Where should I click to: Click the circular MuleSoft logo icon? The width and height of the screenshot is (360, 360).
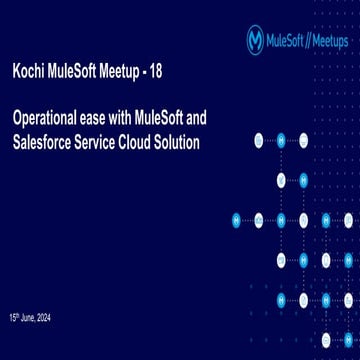coord(255,39)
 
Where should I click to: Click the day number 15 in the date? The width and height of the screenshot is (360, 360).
coord(14,318)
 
